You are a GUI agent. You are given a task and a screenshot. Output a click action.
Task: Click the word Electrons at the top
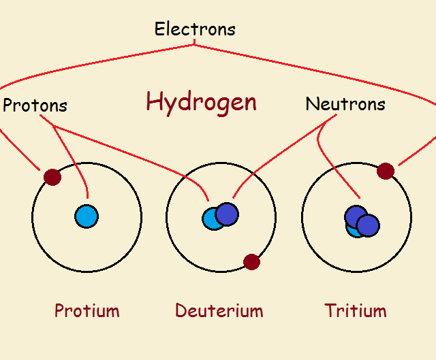pos(195,29)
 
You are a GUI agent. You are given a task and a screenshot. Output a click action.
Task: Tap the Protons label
pos(35,105)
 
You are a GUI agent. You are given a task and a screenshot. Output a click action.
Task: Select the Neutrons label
pos(345,104)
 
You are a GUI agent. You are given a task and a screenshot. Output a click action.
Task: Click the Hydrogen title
pos(201,102)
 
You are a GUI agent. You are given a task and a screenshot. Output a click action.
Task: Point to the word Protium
pos(87,311)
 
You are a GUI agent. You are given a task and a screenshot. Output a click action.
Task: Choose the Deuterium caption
pos(219,311)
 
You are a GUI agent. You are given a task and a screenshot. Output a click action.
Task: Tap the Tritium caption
pos(356,311)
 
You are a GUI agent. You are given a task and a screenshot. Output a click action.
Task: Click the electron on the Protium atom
pos(52,177)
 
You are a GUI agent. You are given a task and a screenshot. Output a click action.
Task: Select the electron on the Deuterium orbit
pos(251,261)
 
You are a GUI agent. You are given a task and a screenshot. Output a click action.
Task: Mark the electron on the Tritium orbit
pos(385,171)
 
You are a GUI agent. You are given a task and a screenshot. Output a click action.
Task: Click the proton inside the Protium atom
pos(87,216)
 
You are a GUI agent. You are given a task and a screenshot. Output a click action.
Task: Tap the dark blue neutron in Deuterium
pos(227,214)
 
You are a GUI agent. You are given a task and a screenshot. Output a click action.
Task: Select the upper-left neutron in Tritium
pos(355,216)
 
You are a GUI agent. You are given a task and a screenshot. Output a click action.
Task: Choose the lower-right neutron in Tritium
pos(368,225)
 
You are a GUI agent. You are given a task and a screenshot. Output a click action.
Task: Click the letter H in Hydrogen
pos(153,102)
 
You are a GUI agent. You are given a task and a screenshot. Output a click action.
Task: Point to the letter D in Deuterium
pos(181,311)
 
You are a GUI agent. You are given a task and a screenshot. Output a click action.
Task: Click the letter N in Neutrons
pos(312,104)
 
